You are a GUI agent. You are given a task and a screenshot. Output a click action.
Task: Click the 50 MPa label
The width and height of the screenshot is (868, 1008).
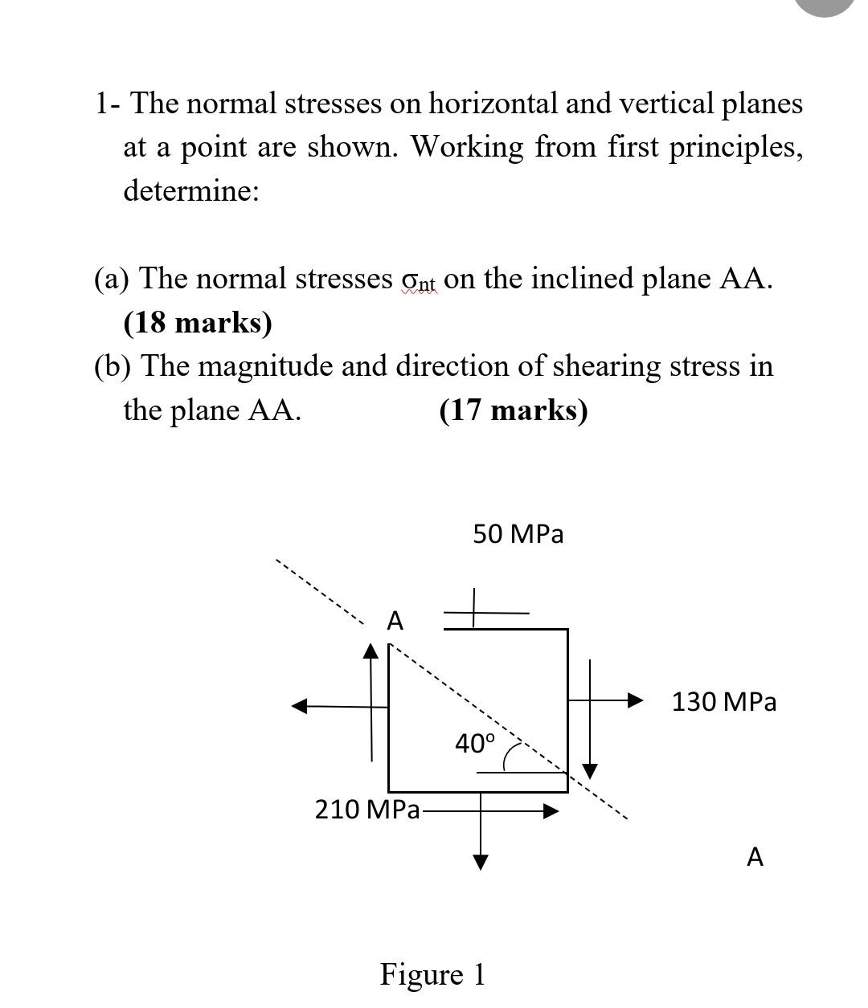[518, 534]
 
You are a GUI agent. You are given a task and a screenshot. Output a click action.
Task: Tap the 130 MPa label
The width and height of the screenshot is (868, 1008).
[723, 702]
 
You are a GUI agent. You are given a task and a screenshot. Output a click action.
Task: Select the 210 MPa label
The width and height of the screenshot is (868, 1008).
[366, 810]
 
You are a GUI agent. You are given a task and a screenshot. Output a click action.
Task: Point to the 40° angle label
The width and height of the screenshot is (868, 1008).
[475, 743]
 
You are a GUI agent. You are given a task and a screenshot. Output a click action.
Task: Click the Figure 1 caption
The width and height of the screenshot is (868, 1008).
[432, 974]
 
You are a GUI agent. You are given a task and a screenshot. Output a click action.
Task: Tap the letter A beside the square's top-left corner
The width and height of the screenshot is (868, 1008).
[395, 621]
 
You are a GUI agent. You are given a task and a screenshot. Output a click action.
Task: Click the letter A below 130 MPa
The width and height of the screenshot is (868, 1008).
[755, 858]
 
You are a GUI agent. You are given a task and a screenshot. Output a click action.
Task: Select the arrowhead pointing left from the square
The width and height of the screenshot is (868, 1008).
[299, 706]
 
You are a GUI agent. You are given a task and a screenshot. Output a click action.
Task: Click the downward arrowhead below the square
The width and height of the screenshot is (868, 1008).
[481, 862]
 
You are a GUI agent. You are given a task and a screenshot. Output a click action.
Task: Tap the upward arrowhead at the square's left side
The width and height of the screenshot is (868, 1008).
[371, 651]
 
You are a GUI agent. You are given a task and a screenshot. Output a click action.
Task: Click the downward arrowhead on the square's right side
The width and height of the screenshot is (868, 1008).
[591, 771]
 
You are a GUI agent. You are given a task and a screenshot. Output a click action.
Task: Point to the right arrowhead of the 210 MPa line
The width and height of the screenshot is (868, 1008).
[551, 810]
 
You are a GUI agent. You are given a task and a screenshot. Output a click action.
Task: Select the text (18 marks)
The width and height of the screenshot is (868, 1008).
[198, 322]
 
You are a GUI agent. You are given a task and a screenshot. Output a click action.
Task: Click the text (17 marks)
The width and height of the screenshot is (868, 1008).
[514, 410]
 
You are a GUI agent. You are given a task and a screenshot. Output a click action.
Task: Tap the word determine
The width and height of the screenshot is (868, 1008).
[191, 191]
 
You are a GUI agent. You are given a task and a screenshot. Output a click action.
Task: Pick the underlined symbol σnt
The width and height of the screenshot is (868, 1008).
[418, 280]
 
